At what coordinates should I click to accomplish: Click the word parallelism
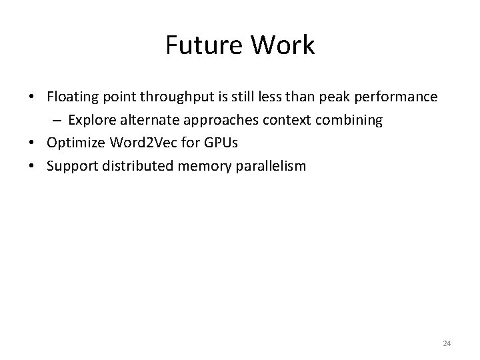click(271, 165)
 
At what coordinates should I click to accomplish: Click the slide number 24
click(447, 343)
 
